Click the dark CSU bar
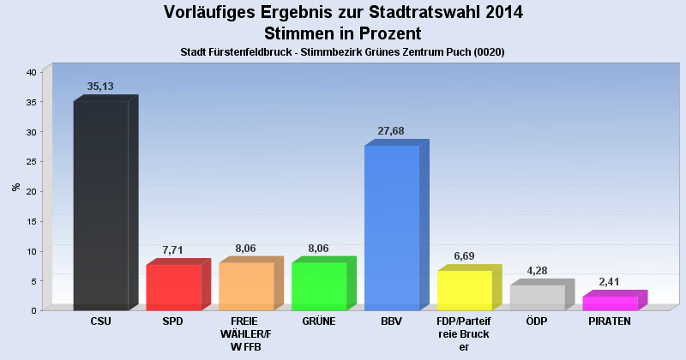click(x=100, y=206)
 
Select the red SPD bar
click(x=173, y=287)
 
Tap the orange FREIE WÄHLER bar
click(x=246, y=286)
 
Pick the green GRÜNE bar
click(x=319, y=286)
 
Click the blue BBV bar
click(x=392, y=227)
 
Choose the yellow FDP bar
click(x=465, y=290)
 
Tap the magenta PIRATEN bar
click(x=610, y=303)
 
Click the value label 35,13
click(x=100, y=87)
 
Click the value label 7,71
click(x=173, y=250)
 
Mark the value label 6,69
click(x=464, y=256)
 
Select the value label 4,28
click(x=537, y=271)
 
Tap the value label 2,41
click(x=610, y=282)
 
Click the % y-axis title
click(x=15, y=187)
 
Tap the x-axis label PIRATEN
click(x=610, y=321)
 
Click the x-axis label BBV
click(x=392, y=321)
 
